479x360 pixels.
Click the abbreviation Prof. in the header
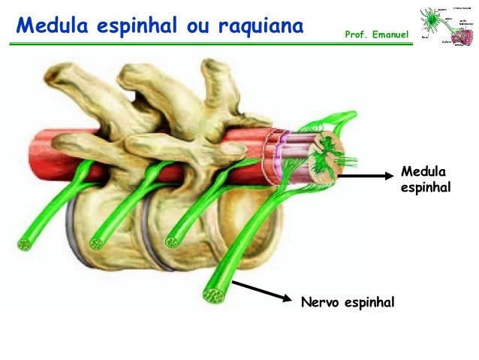[356, 35]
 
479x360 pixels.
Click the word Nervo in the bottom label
[318, 302]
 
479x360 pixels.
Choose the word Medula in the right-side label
[422, 171]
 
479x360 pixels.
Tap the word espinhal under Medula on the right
[426, 186]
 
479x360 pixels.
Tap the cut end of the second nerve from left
[97, 242]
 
